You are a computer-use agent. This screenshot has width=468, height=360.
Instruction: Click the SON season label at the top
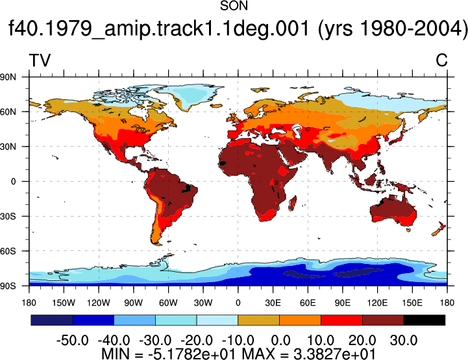pos(234,6)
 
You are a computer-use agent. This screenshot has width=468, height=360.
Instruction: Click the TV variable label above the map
pos(40,60)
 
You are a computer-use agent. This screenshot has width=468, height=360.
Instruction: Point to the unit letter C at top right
pos(441,60)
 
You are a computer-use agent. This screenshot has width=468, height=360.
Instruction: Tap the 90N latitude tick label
pos(8,77)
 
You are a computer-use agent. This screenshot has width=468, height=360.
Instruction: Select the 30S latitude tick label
pos(8,216)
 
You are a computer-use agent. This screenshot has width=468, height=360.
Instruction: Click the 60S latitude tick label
pos(8,251)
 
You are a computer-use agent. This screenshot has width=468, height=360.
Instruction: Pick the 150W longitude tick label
pos(64,303)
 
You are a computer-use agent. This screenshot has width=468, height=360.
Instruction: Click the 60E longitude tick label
pos(308,303)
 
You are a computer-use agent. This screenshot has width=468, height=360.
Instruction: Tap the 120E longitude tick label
pos(377,303)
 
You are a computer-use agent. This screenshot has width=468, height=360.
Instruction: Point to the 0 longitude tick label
pos(238,303)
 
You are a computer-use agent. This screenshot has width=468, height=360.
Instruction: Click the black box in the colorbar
pos(425,320)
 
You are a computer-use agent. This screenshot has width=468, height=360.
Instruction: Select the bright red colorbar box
pos(341,320)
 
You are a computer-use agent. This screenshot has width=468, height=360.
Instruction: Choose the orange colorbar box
pos(301,320)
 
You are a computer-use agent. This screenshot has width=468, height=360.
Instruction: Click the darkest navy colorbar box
pos(52,320)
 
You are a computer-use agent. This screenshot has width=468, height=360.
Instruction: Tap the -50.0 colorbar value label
pos(72,341)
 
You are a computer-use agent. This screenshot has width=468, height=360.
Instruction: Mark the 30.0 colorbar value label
pos(404,341)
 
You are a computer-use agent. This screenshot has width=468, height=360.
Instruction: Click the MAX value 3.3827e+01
pos(334,354)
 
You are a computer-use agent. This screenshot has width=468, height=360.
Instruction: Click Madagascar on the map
pos(293,203)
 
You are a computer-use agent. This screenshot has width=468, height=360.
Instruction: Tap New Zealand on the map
pos(438,229)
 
